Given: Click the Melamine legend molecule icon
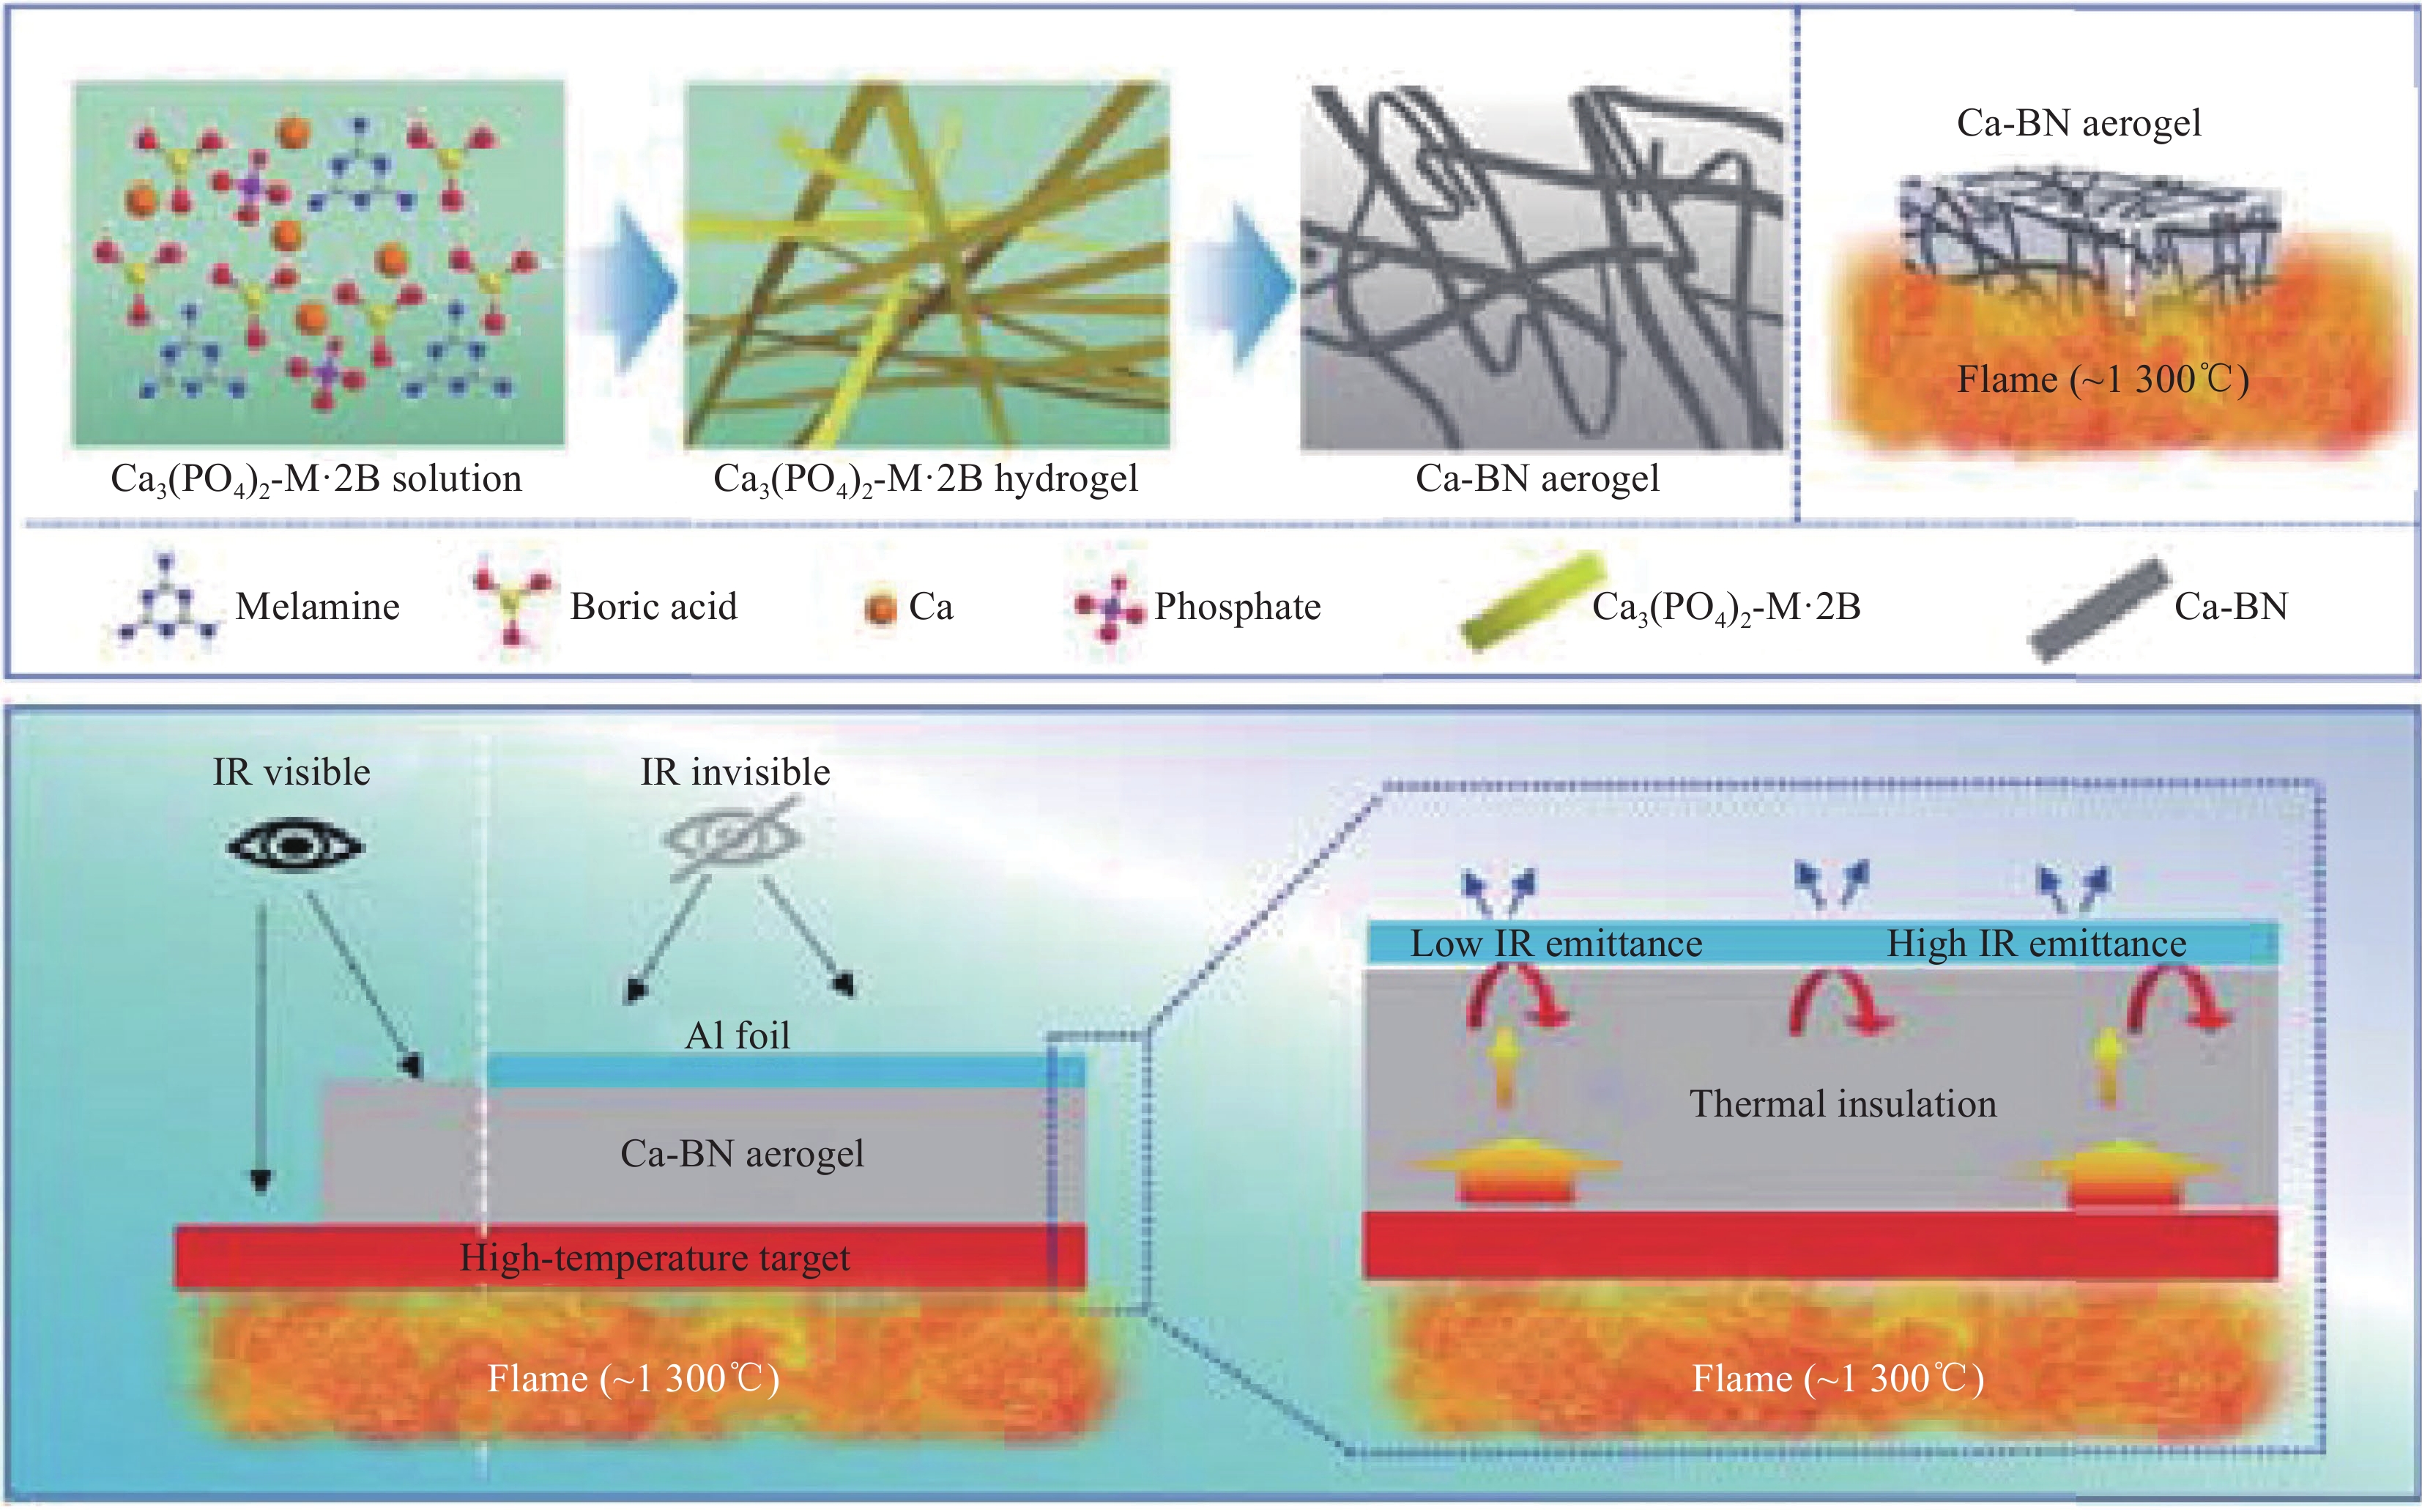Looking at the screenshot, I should tap(165, 605).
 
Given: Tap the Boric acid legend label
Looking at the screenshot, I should tap(653, 606).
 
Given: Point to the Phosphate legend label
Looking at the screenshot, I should tap(1237, 606).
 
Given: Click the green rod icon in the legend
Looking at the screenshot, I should tap(1531, 602).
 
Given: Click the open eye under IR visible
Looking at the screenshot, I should tap(295, 847).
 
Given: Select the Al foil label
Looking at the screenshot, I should tap(737, 1036).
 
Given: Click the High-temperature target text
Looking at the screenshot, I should tap(654, 1257).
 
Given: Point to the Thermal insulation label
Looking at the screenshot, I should tap(1842, 1103).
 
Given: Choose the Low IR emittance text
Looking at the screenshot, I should tap(1556, 944).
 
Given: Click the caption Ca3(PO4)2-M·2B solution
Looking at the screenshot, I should tap(316, 479).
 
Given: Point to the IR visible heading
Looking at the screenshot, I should tap(291, 772).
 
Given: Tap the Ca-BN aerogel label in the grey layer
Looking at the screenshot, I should tap(742, 1153).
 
